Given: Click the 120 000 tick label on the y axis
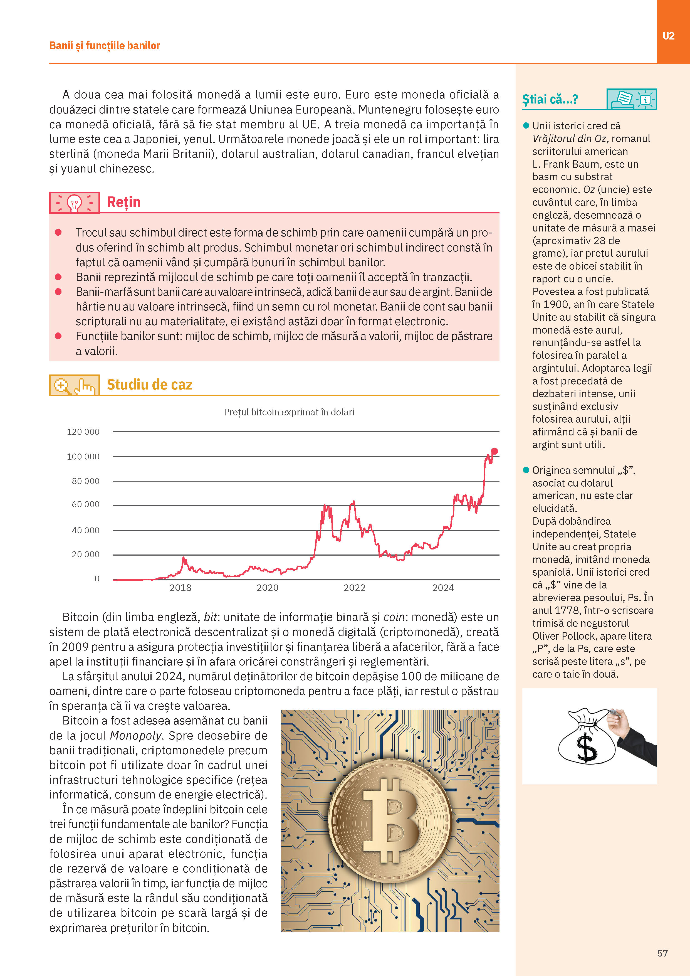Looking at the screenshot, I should pos(83,432).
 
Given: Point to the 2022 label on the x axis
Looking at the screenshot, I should pos(354,588).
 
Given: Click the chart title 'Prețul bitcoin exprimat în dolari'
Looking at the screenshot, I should pos(289,412).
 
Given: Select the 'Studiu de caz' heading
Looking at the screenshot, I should pos(150,385).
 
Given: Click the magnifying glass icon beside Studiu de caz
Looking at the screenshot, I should pos(62,386).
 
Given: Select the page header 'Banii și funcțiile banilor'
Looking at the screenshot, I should pos(105,45).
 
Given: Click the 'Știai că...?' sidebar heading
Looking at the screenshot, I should pos(550,99).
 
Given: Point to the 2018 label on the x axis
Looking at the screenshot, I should pos(180,588).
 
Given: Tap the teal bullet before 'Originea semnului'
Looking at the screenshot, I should pos(526,470).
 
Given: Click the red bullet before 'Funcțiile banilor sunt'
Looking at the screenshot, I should pos(58,336).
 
